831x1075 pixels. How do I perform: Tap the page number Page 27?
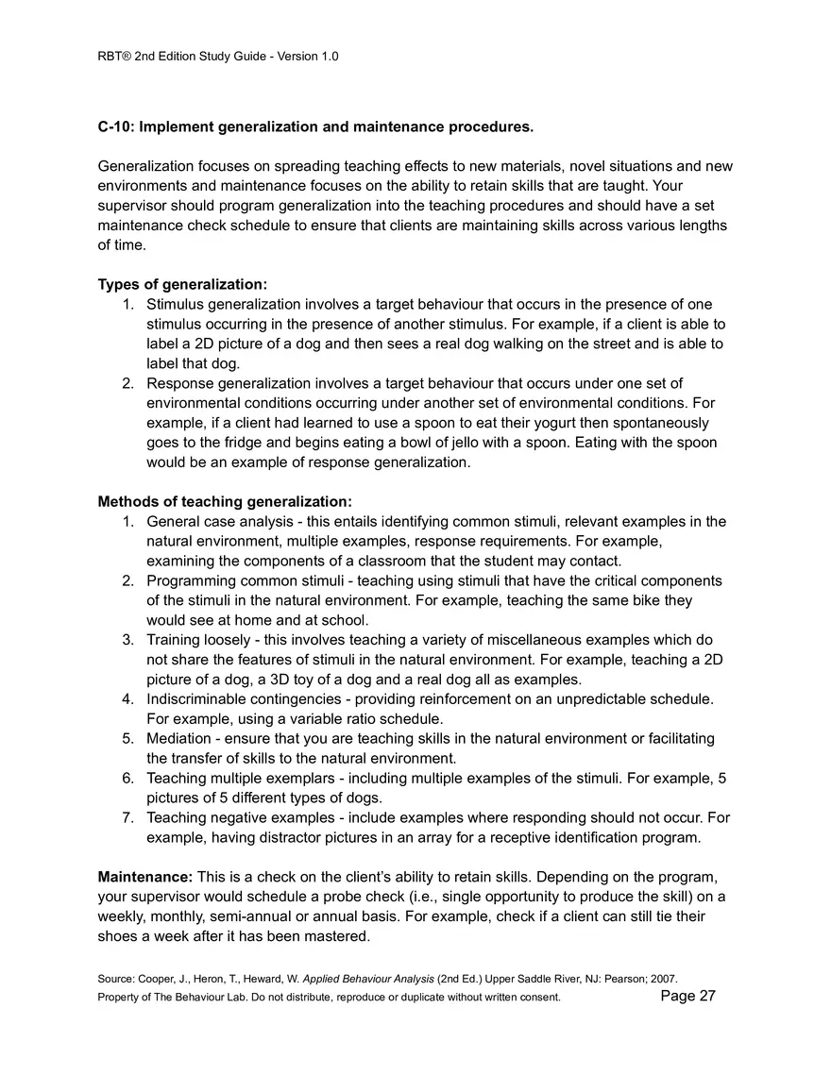pyautogui.click(x=688, y=996)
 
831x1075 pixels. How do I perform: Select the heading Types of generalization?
pyautogui.click(x=182, y=284)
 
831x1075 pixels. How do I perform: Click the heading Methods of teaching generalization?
pyautogui.click(x=225, y=501)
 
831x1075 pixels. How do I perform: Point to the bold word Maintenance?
pyautogui.click(x=145, y=877)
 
